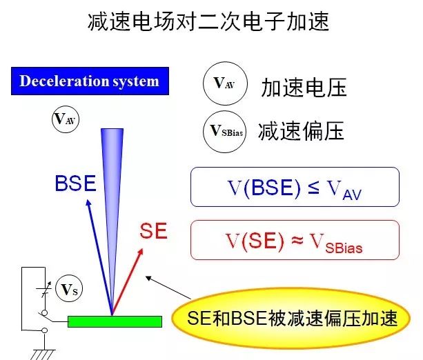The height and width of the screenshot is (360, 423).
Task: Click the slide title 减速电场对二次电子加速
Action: tap(211, 23)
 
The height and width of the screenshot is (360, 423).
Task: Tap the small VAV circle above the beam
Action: tap(66, 119)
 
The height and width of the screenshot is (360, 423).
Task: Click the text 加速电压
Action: tap(303, 87)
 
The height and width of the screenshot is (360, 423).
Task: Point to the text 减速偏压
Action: tap(301, 131)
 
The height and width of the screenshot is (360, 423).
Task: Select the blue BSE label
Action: tap(75, 183)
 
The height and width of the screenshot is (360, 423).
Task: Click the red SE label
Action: tap(153, 230)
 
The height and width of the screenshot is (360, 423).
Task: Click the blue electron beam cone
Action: tap(110, 193)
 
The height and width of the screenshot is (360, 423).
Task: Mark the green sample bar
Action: tap(115, 321)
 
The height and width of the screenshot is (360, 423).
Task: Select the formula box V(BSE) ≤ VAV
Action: tap(295, 187)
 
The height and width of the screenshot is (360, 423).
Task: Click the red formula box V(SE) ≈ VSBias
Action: tap(295, 240)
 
